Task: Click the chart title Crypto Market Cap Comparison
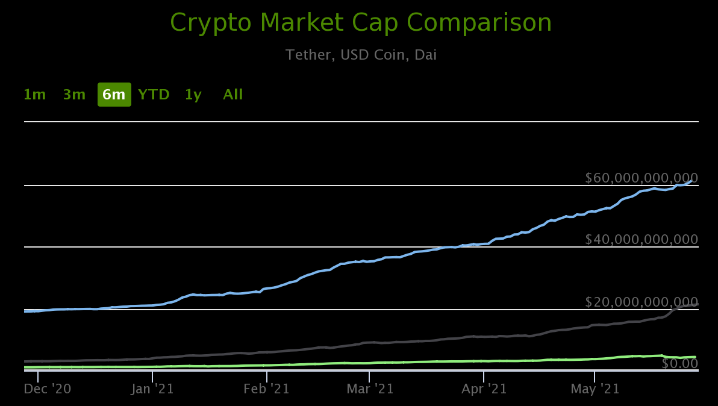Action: tap(361, 23)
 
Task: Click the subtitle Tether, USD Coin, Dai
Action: tap(361, 55)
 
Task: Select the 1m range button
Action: tap(34, 95)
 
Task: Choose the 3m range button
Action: tap(74, 95)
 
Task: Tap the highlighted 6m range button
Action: tap(114, 95)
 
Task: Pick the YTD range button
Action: tap(154, 95)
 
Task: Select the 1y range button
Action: tap(193, 95)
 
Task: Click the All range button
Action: tap(233, 95)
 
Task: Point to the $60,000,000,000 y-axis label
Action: tap(642, 178)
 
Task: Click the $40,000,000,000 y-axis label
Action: tap(642, 240)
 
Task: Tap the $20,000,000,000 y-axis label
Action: tap(642, 302)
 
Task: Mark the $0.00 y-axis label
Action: tap(679, 363)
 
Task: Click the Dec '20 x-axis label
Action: tap(48, 389)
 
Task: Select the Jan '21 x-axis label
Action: tap(152, 389)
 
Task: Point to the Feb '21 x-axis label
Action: tap(266, 389)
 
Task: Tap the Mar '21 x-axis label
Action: tap(370, 389)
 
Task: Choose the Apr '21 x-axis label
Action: tap(484, 389)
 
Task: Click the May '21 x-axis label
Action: tap(595, 389)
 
